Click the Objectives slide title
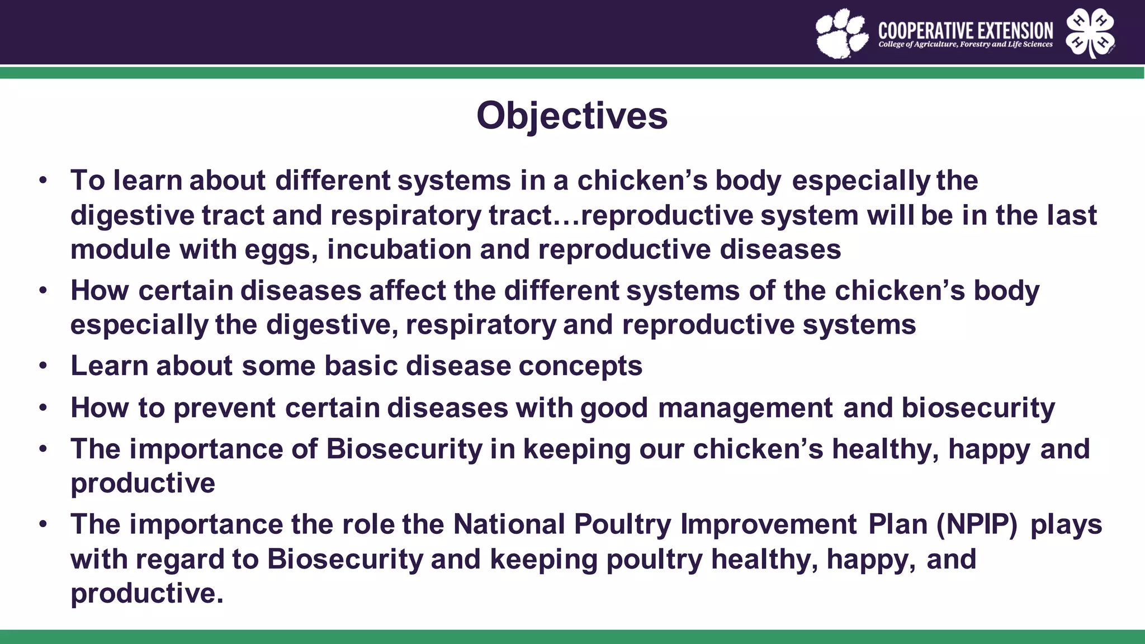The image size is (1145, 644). point(572,116)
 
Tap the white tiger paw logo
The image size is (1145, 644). point(841,34)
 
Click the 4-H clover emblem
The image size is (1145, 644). point(1090,33)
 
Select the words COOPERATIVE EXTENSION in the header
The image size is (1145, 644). point(966,30)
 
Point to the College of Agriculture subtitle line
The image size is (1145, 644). point(966,44)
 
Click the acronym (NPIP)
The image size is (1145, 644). point(977,525)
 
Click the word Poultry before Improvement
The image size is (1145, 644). point(622,525)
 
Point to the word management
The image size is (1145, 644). point(745,408)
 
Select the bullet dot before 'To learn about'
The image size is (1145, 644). point(43,181)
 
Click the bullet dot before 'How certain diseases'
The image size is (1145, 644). point(43,291)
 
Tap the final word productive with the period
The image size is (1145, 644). point(146,594)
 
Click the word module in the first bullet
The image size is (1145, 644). point(120,249)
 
